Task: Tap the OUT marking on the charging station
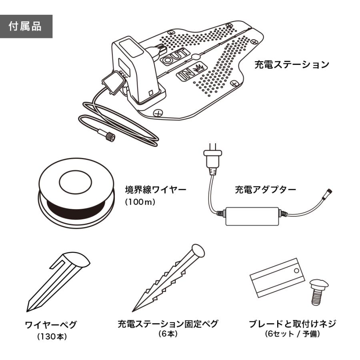[175, 57]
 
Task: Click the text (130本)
[52, 337]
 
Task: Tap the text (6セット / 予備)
[292, 333]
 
